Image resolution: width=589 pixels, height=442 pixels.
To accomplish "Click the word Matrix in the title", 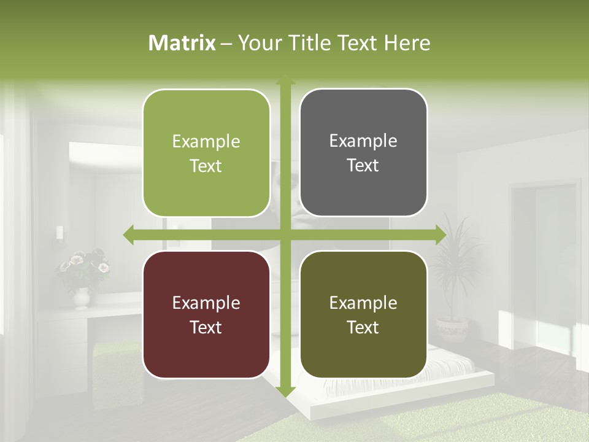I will (x=182, y=43).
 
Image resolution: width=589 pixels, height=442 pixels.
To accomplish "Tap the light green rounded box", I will (x=206, y=153).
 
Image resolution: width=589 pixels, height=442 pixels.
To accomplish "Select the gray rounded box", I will (x=363, y=153).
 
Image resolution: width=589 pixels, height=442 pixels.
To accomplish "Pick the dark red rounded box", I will (x=206, y=314).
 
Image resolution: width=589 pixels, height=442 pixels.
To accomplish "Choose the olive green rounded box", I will (x=363, y=314).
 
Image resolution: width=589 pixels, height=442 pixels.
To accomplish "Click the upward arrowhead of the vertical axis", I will (x=285, y=80).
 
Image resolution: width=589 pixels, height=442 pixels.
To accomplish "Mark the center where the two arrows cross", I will (x=285, y=235).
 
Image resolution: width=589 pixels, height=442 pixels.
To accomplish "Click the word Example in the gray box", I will (x=363, y=141).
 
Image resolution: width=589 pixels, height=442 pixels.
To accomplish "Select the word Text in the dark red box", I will (x=206, y=327).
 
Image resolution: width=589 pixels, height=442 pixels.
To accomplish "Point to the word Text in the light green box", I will (x=206, y=166).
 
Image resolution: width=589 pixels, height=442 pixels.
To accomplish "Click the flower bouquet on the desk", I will (x=83, y=266).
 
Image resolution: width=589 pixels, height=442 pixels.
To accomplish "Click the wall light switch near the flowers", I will (x=60, y=233).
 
